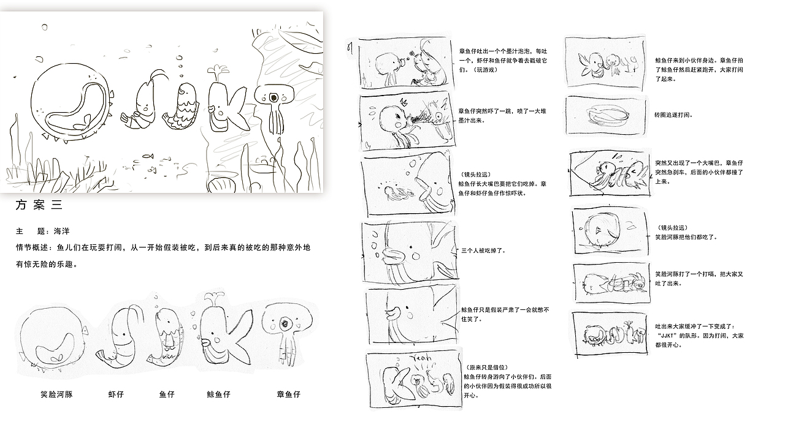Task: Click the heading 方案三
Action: click(39, 205)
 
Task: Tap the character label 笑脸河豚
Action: click(56, 394)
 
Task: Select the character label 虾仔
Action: click(116, 394)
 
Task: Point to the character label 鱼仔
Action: click(167, 394)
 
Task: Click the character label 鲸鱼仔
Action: click(219, 394)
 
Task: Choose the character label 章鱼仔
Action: click(289, 394)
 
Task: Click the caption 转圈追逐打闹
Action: click(673, 115)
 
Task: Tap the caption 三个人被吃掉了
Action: click(483, 251)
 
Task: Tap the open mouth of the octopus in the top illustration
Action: click(274, 97)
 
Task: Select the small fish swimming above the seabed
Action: click(148, 156)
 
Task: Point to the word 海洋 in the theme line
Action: click(62, 231)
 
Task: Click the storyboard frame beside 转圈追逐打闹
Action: click(605, 115)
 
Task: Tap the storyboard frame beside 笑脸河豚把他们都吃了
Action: click(610, 231)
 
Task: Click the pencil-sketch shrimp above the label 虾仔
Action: click(121, 336)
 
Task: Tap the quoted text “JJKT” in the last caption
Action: click(667, 335)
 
